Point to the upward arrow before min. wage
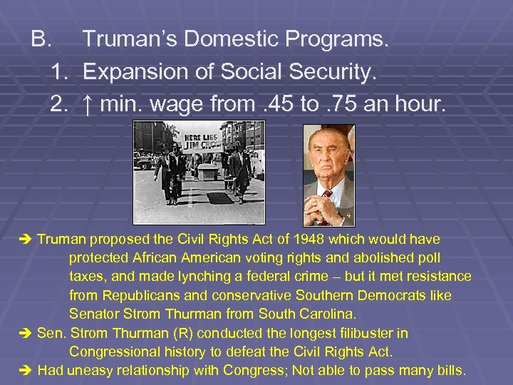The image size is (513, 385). [x=89, y=106]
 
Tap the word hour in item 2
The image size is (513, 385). [x=420, y=106]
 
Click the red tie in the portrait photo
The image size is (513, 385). [x=328, y=202]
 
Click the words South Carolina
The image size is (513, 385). [x=311, y=314]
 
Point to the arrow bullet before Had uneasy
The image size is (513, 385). [x=28, y=370]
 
